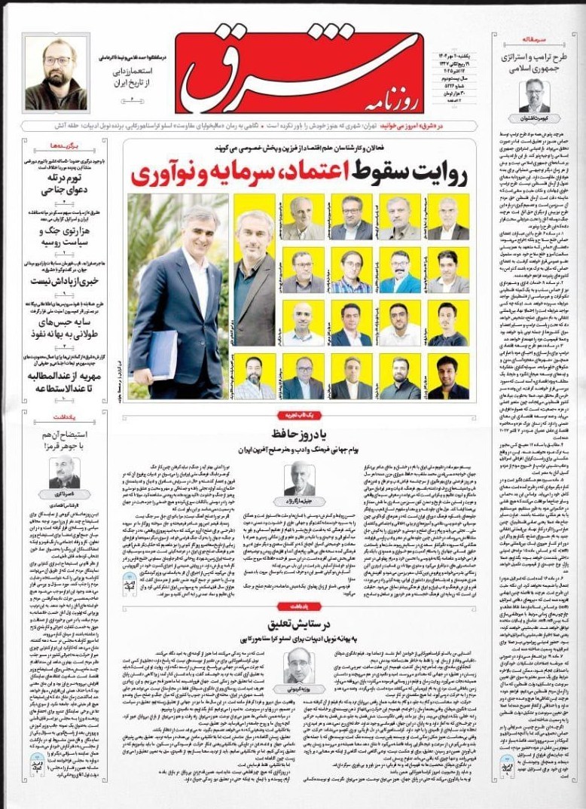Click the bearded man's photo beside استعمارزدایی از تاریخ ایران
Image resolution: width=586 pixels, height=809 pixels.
click(x=56, y=72)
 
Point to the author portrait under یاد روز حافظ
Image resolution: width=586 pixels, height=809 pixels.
click(x=299, y=477)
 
